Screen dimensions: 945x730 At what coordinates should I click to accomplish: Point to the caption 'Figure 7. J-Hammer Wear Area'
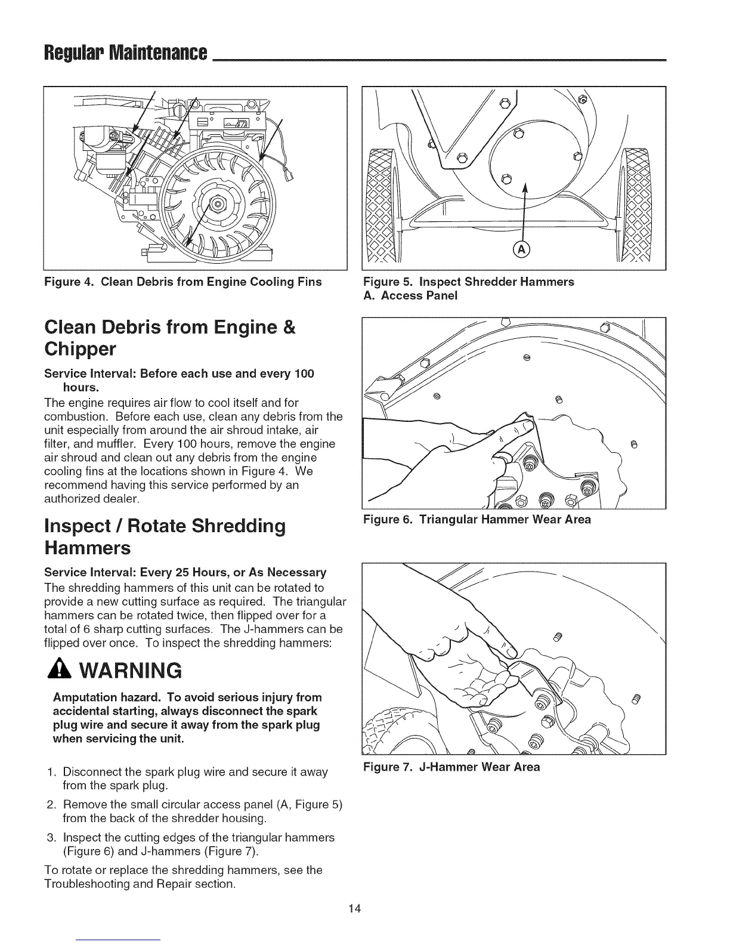click(x=451, y=767)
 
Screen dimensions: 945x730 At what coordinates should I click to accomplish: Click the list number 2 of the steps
click(x=51, y=804)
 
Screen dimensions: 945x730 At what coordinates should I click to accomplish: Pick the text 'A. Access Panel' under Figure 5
click(x=410, y=295)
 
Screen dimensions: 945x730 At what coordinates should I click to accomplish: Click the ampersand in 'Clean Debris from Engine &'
click(x=290, y=328)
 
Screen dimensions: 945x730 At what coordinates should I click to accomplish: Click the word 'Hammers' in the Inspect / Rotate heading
click(x=87, y=547)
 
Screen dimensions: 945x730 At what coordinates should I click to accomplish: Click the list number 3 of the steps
click(x=51, y=837)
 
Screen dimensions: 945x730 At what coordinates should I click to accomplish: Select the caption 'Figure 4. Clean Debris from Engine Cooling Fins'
click(x=183, y=282)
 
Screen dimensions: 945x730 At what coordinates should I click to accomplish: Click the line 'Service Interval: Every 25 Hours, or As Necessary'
click(x=185, y=573)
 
